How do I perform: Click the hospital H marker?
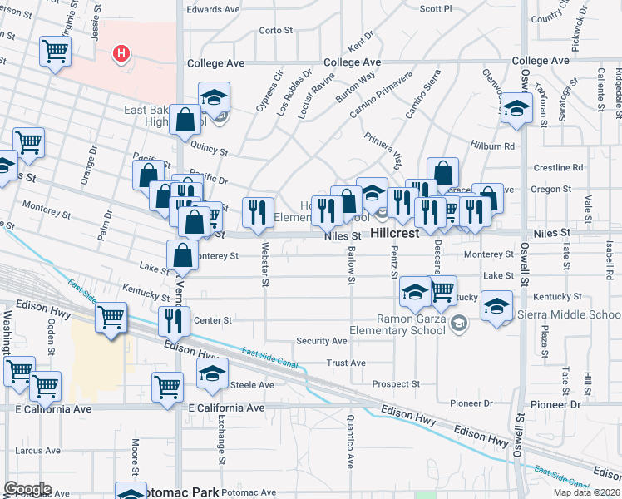[x=122, y=54]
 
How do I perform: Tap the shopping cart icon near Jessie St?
[x=56, y=51]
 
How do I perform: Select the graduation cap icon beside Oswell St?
[x=516, y=109]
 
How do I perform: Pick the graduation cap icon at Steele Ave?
[x=213, y=372]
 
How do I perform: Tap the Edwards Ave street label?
[x=213, y=10]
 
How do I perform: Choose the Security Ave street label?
[x=322, y=341]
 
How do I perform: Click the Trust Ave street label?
[x=346, y=363]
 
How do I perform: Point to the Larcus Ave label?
[x=37, y=450]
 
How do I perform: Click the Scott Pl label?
[x=435, y=8]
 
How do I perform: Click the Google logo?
[x=27, y=489]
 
